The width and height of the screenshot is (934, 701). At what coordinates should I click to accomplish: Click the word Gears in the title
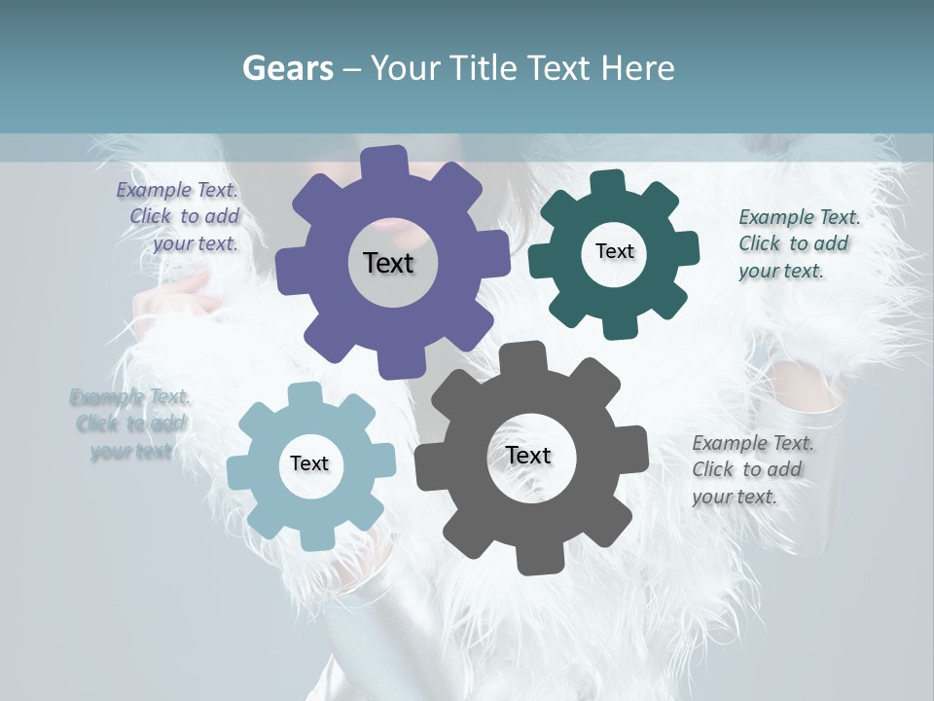287,67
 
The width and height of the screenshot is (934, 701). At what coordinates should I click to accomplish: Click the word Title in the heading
489,67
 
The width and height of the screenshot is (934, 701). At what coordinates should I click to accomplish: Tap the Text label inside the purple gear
389,263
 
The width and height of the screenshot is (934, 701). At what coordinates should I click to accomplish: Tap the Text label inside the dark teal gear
614,251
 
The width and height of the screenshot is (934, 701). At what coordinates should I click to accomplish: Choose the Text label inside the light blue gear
309,463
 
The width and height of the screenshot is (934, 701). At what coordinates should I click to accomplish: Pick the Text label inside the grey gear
528,455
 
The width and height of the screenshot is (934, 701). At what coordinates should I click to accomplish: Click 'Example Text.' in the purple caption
177,191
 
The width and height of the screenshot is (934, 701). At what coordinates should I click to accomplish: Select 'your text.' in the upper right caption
781,272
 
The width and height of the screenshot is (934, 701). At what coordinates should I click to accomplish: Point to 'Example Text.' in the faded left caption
130,397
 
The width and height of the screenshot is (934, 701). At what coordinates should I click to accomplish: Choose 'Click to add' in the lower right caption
747,469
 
